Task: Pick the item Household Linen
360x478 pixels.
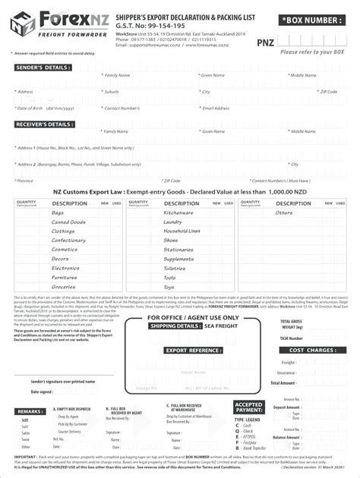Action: click(182, 231)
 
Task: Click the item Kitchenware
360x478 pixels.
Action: click(178, 212)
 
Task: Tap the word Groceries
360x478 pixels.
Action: click(64, 287)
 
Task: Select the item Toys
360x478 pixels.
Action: click(169, 287)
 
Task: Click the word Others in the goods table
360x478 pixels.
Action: click(283, 212)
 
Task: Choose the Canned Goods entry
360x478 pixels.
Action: click(68, 222)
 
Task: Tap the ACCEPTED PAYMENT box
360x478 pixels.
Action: click(249, 408)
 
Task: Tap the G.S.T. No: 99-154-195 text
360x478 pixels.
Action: click(145, 24)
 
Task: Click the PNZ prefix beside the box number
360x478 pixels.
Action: click(265, 43)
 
